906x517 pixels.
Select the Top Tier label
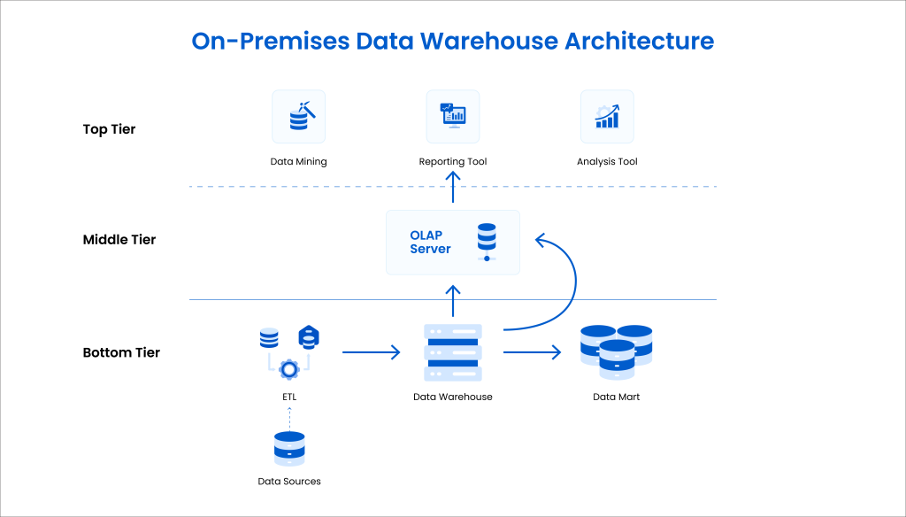pos(109,129)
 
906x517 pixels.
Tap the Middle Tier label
pos(119,240)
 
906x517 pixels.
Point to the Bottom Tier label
pos(121,352)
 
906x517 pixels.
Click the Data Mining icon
pos(299,117)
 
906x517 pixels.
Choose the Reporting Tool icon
pos(453,117)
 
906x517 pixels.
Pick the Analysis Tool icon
pos(607,117)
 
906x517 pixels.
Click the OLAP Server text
pos(430,243)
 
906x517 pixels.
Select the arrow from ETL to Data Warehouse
pos(371,352)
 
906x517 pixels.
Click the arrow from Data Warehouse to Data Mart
pos(532,352)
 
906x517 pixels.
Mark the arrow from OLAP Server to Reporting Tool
pos(453,188)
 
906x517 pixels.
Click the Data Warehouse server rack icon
pos(453,352)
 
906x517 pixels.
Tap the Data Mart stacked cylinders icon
pos(617,351)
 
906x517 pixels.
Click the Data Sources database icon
pos(289,449)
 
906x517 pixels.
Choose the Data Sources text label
pos(289,482)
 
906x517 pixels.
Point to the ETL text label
pos(289,397)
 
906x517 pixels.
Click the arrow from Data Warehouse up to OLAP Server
pos(453,301)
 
